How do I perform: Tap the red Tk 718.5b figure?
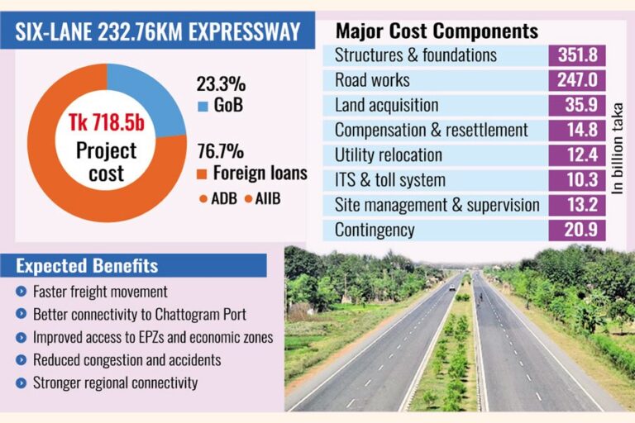[x=107, y=122]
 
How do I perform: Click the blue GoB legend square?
[x=203, y=106]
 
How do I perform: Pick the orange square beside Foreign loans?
[x=202, y=174]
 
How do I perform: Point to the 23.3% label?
[x=221, y=84]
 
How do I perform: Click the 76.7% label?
[x=221, y=151]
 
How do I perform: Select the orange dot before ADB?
[x=203, y=199]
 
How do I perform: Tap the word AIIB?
[x=268, y=199]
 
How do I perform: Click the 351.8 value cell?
[x=577, y=55]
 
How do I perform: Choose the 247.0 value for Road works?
[x=577, y=80]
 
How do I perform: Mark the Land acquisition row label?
[x=386, y=105]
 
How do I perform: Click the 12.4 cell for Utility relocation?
[x=577, y=155]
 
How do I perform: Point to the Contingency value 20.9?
[x=577, y=230]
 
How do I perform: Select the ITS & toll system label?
[x=390, y=180]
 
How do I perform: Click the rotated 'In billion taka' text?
[x=617, y=149]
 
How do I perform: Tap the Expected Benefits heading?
[x=87, y=266]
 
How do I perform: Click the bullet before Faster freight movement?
[x=21, y=292]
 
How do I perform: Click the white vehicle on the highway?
[x=452, y=288]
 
